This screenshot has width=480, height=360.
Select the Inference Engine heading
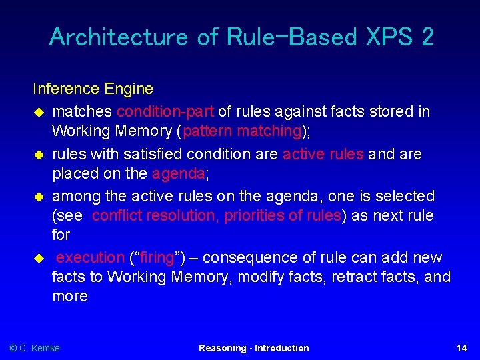point(93,89)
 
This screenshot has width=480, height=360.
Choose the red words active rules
point(323,154)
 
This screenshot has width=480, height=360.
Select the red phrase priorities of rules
point(283,216)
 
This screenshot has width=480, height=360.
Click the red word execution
point(91,258)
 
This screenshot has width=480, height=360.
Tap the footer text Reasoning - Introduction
point(253,348)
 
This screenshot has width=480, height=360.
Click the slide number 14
point(461,348)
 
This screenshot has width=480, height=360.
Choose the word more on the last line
point(70,296)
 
